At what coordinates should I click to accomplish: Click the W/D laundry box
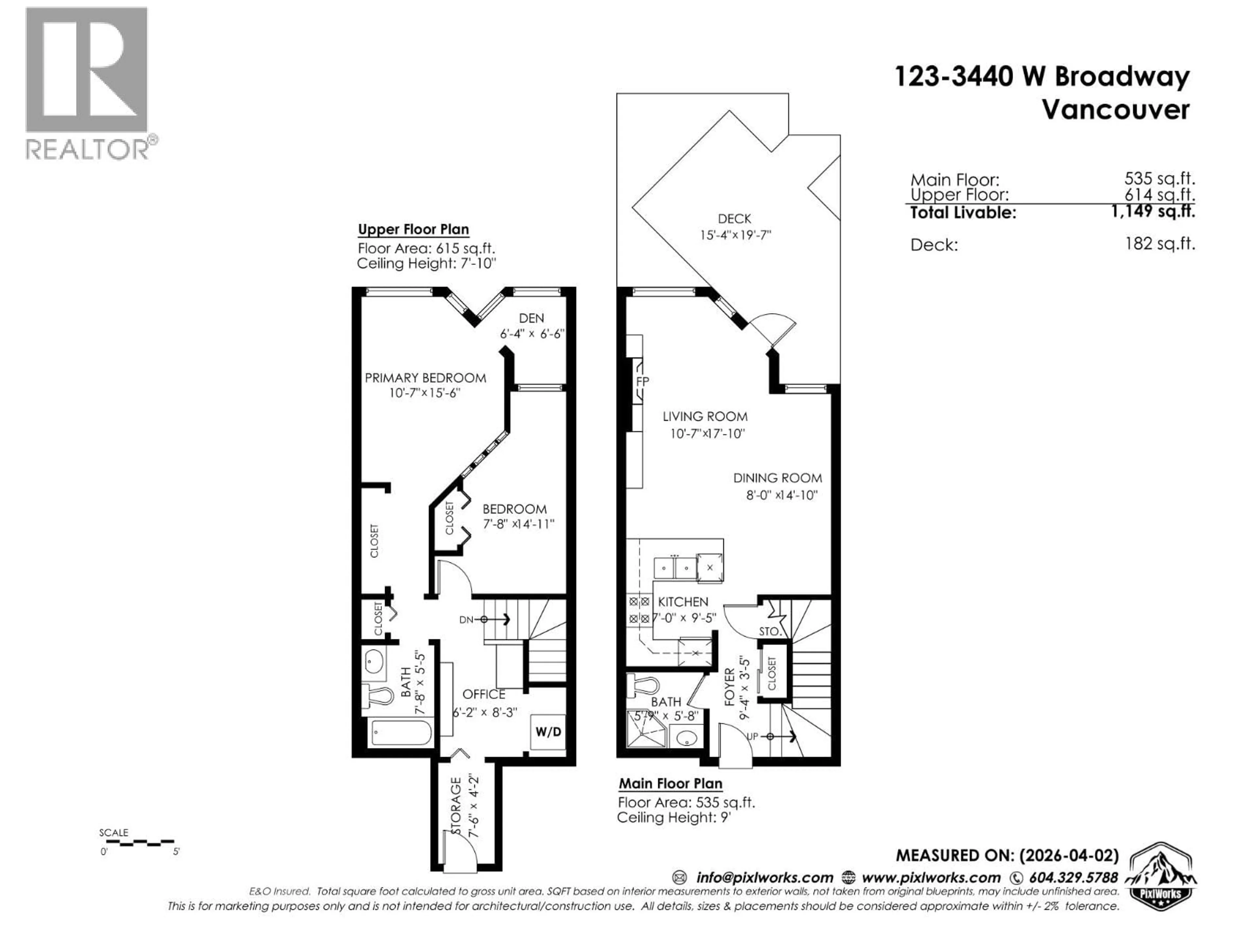(x=548, y=732)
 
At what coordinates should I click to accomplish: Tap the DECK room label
(x=734, y=218)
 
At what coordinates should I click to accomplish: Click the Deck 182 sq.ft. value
(x=1160, y=244)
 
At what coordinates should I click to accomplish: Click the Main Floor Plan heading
(x=670, y=784)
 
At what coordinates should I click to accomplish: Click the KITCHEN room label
(x=683, y=601)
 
